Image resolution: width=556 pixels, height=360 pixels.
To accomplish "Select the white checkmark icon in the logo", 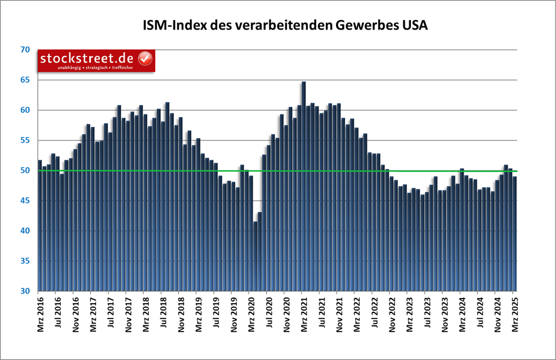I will pos(145,58).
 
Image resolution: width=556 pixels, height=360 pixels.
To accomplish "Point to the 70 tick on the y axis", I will pos(24,50).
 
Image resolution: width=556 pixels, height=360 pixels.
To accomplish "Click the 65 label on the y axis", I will pos(24,80).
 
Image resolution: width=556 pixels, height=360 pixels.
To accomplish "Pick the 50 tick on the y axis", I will pos(24,171).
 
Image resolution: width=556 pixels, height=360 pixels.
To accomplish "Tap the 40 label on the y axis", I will pos(24,231).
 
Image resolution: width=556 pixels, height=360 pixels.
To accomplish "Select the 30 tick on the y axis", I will pos(24,291).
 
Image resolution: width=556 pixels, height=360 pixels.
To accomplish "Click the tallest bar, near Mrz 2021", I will pos(304,188).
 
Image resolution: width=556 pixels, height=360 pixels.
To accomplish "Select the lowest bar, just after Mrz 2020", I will pos(256,256).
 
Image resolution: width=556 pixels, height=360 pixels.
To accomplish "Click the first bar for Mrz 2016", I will pos(40,227).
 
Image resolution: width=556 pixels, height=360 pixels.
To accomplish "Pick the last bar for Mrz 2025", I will pos(515,233).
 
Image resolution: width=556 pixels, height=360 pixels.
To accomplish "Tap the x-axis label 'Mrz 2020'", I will pos(251,316).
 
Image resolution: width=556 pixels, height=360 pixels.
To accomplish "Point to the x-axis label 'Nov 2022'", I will pos(391,316).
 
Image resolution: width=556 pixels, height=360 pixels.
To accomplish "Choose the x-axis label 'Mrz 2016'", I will pos(39,316).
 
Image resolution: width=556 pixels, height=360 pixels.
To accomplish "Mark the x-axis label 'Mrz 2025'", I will pos(514,316).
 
